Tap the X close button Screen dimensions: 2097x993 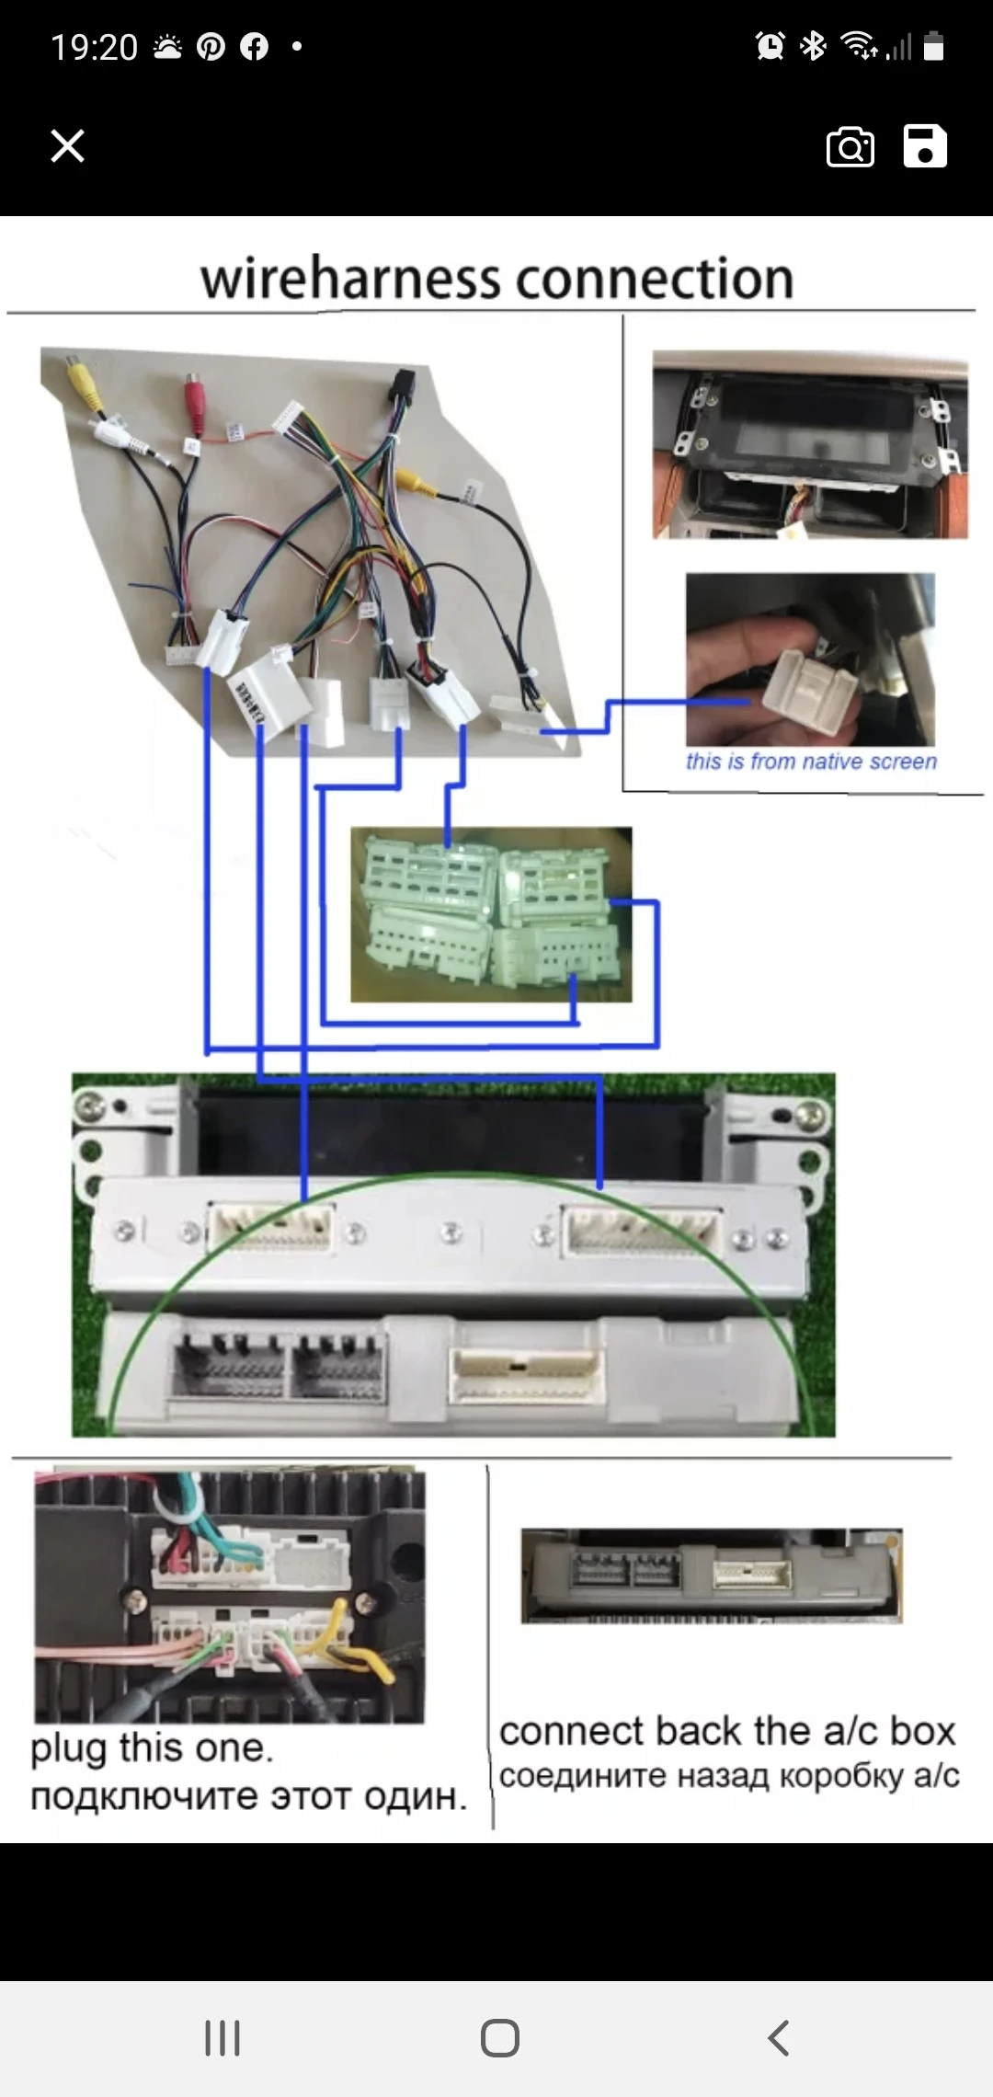pyautogui.click(x=67, y=146)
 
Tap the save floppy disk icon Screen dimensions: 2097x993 pyautogui.click(x=925, y=146)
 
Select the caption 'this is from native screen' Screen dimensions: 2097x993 pyautogui.click(x=811, y=762)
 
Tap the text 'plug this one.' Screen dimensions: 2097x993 pyautogui.click(x=152, y=1747)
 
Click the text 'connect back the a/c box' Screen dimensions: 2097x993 pyautogui.click(x=727, y=1731)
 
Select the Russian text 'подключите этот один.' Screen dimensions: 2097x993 pyautogui.click(x=248, y=1795)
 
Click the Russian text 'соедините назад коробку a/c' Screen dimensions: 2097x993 pyautogui.click(x=729, y=1775)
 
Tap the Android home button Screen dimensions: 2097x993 pyautogui.click(x=500, y=2037)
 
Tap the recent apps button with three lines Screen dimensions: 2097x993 pyautogui.click(x=223, y=2037)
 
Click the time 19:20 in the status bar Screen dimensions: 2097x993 pyautogui.click(x=94, y=47)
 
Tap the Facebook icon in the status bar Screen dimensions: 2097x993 pyautogui.click(x=254, y=47)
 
